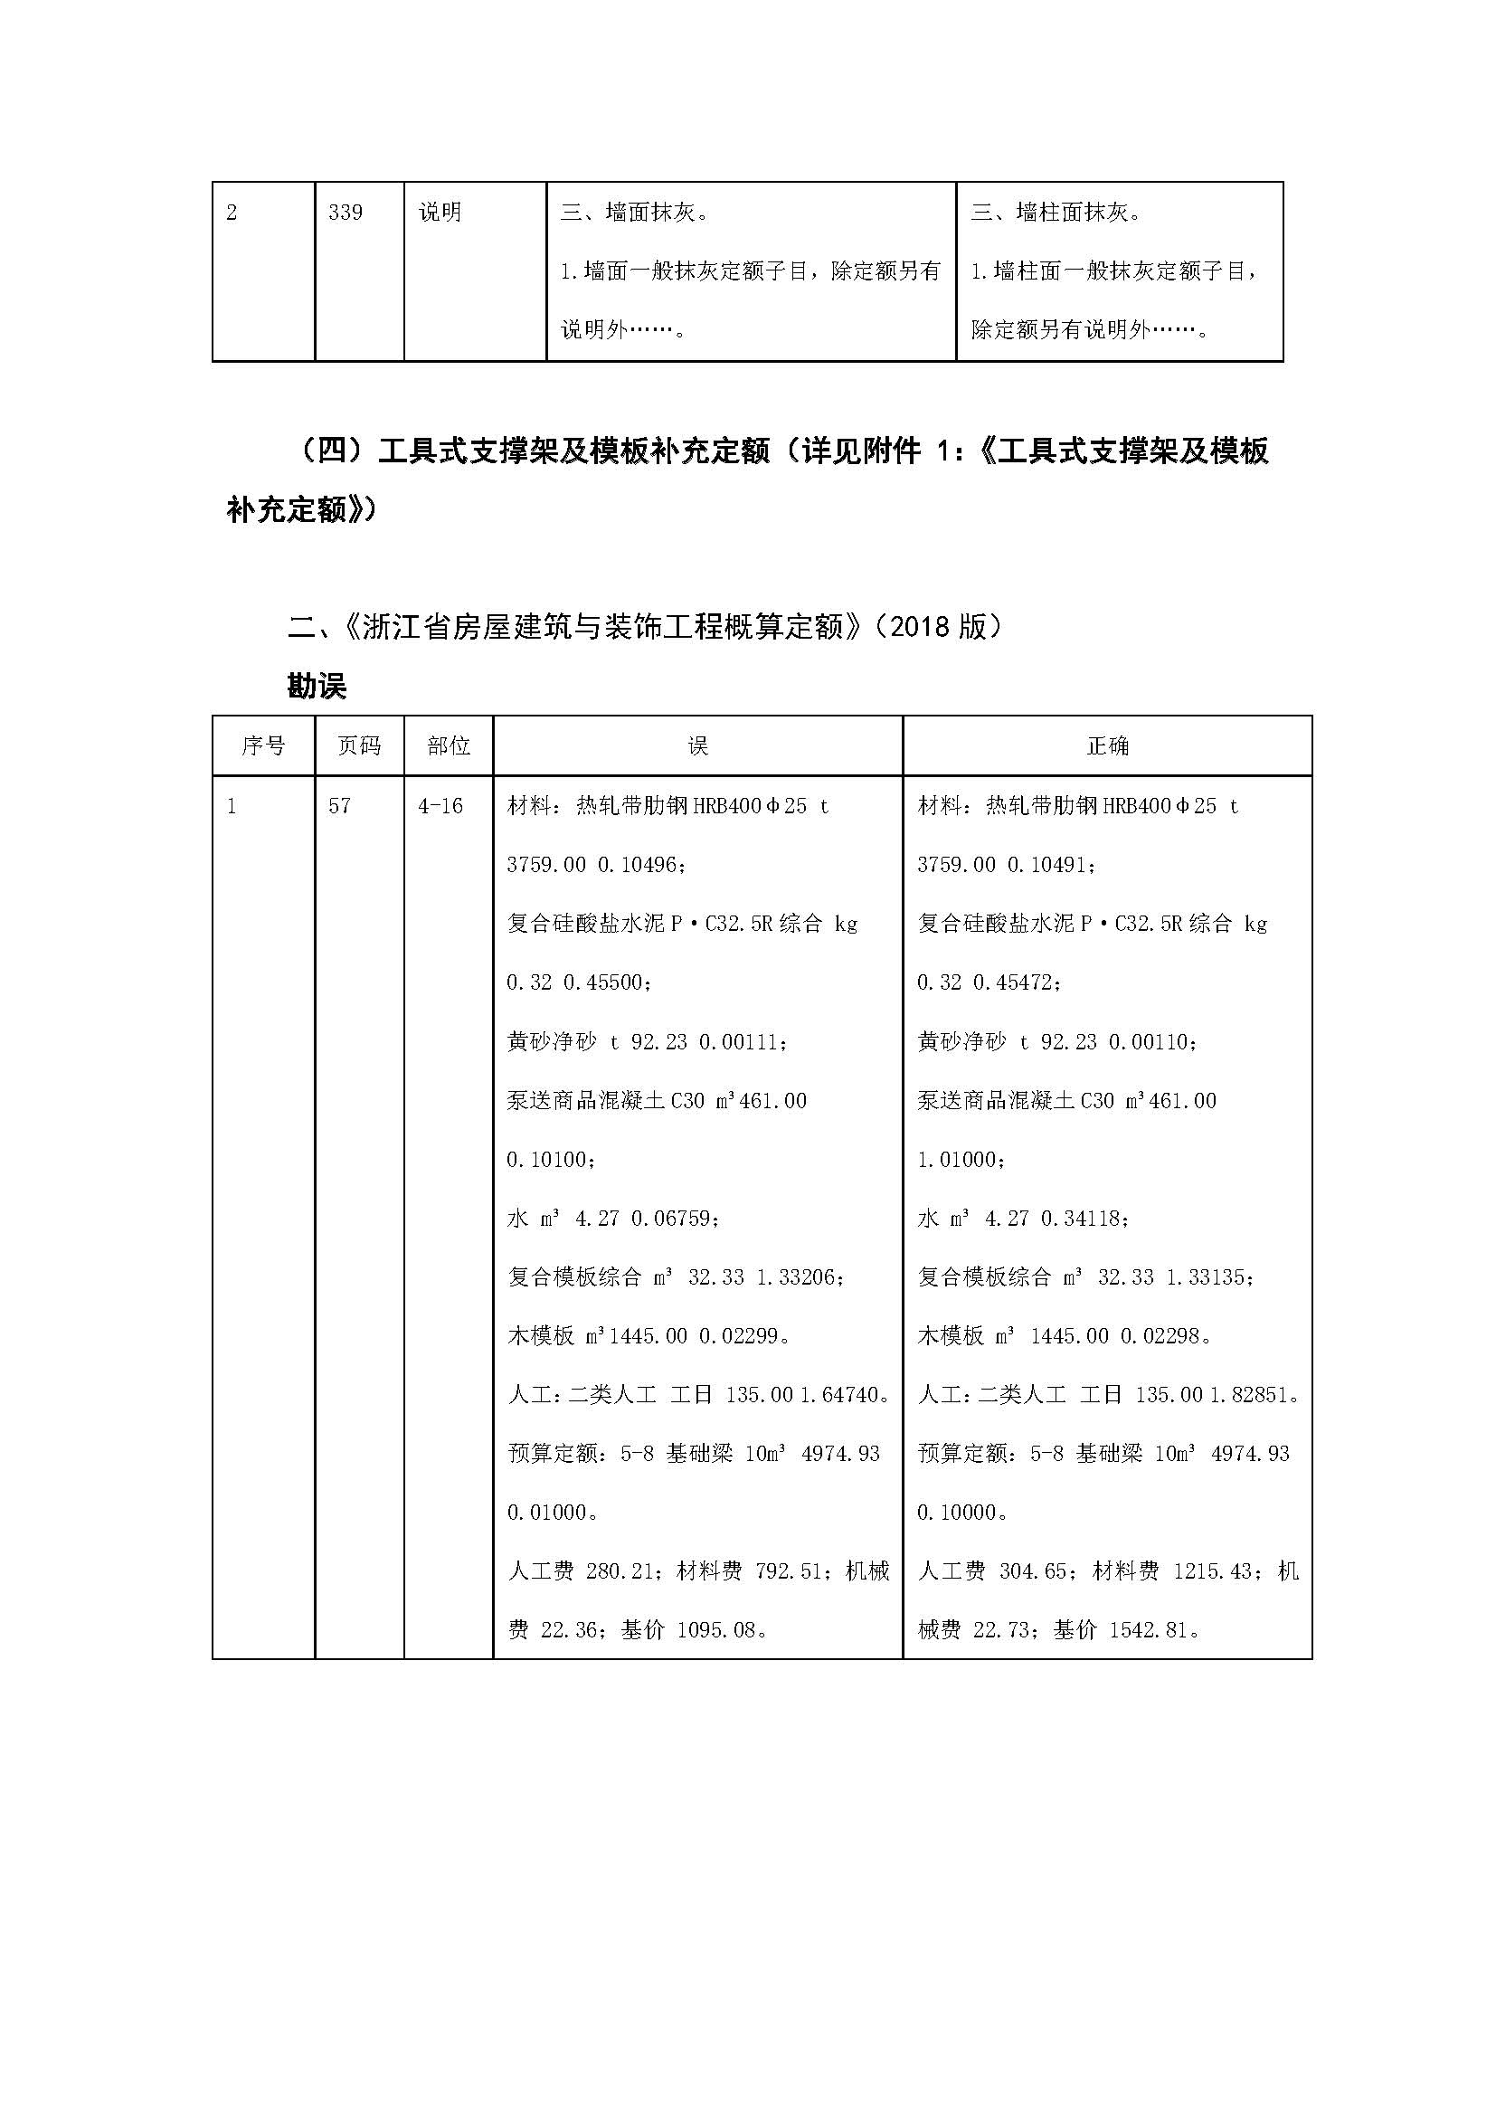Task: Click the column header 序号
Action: [263, 745]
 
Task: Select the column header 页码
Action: [359, 745]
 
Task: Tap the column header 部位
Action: [449, 745]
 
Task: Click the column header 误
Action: [697, 745]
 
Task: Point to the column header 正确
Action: [1107, 745]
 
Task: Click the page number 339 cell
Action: [346, 213]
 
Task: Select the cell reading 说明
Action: [440, 213]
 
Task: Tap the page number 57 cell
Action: [339, 805]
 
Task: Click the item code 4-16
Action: [440, 805]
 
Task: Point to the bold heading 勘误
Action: [316, 687]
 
